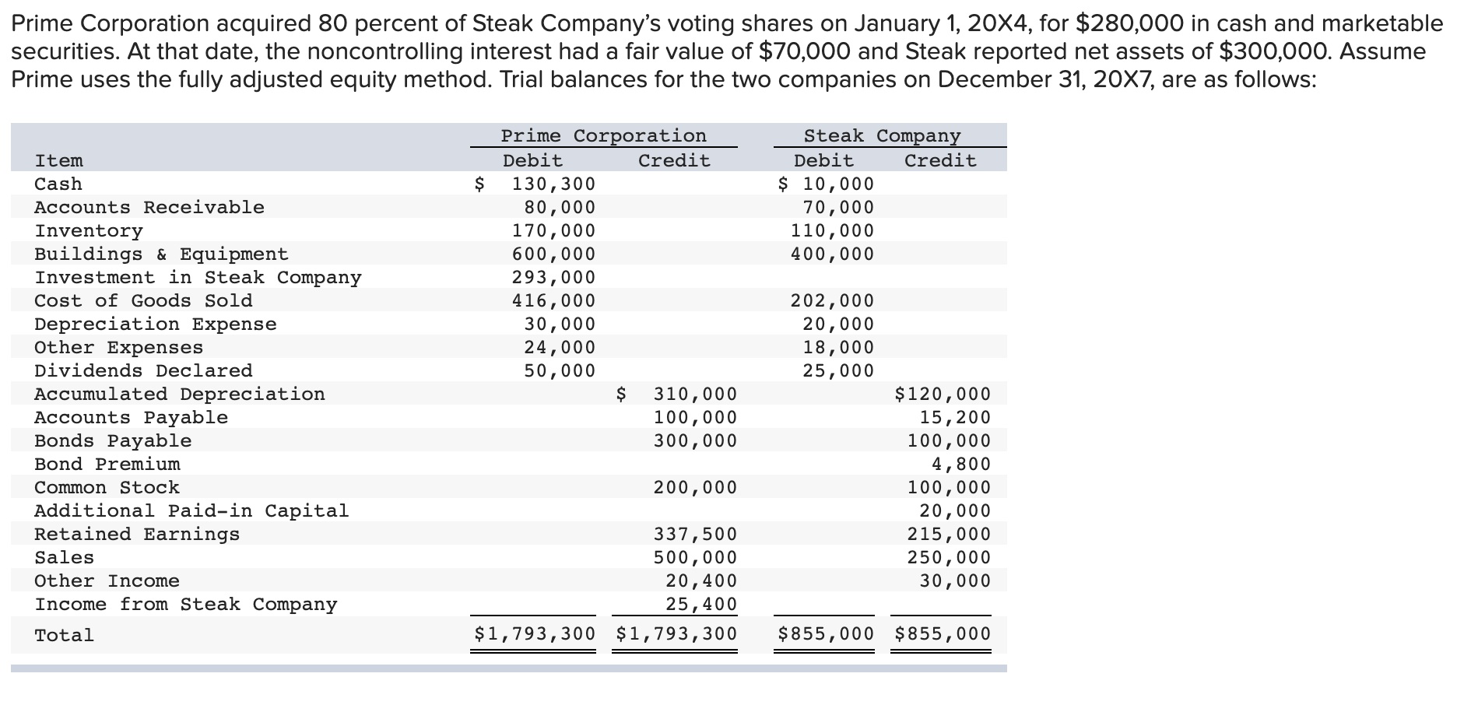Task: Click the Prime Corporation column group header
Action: point(603,136)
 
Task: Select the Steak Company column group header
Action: point(882,136)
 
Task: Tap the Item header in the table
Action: point(58,161)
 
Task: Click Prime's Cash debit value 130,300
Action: point(553,184)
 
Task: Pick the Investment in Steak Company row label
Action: point(198,278)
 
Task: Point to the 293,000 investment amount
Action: point(553,278)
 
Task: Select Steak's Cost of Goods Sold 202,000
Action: point(832,301)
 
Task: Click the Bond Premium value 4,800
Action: point(961,465)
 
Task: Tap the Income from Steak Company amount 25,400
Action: point(700,605)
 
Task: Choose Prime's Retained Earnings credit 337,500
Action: point(695,535)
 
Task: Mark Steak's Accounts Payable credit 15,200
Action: point(955,418)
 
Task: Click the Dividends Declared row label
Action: point(143,371)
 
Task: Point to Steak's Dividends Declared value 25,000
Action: point(838,371)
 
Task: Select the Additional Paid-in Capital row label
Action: point(191,511)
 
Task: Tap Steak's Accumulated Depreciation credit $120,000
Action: point(943,395)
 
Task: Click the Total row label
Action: point(64,636)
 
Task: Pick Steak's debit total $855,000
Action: point(826,634)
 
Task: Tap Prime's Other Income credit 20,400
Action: point(700,581)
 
